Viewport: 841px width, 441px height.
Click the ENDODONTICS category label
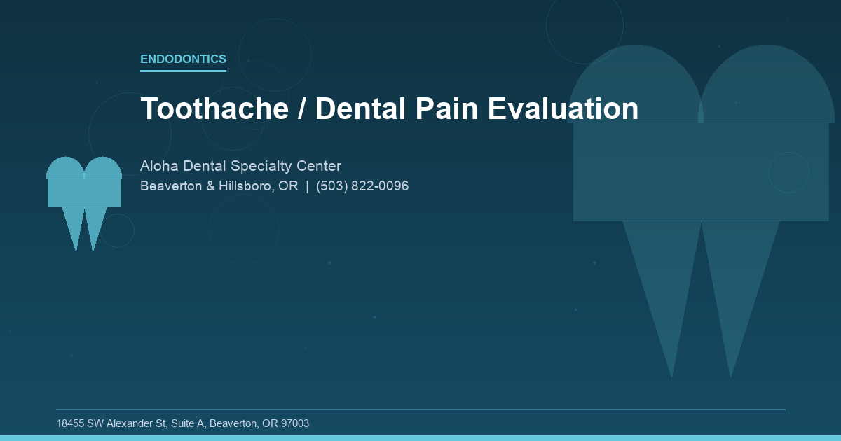(183, 59)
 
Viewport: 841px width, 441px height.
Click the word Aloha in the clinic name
(159, 167)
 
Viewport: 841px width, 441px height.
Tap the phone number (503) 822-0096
(362, 186)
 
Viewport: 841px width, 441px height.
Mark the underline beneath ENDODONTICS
(183, 71)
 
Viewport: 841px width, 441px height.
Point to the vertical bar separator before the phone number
(307, 186)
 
